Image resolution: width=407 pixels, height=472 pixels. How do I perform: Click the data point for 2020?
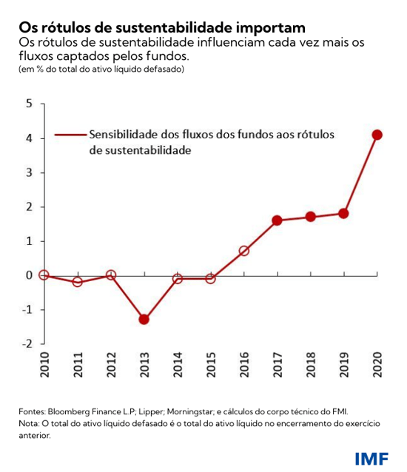(377, 135)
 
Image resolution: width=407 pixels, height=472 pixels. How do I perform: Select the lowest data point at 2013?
(144, 320)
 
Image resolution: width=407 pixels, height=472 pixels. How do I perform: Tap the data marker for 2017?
(277, 220)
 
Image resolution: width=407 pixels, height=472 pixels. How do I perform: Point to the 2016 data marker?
(243, 251)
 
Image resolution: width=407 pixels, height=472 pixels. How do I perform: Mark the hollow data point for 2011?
(78, 282)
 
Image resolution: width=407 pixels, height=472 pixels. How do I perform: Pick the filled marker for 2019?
(343, 214)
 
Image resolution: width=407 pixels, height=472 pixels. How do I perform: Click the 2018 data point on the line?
(310, 217)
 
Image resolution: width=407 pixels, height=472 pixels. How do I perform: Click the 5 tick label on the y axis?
(29, 104)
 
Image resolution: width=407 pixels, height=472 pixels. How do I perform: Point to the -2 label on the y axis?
(27, 344)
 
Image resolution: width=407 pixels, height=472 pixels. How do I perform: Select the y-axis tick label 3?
(29, 172)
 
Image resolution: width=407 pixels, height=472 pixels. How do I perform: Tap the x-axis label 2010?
(44, 365)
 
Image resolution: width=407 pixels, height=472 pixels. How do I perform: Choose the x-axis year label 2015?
(210, 365)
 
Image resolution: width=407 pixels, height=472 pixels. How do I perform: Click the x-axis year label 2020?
(377, 365)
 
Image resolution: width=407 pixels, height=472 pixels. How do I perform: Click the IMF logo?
(371, 457)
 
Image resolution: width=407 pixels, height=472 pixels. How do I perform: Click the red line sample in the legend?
(70, 135)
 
